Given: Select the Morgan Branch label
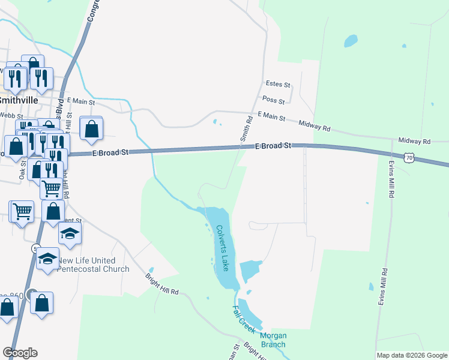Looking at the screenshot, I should (x=273, y=340).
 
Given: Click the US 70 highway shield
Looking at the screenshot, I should (x=409, y=157).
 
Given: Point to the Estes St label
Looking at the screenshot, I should (x=277, y=85).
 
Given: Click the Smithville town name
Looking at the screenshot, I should (x=20, y=100).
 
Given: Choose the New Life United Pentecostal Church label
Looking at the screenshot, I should (x=94, y=265).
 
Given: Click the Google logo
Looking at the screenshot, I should (x=20, y=353).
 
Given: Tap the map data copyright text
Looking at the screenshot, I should (x=412, y=355).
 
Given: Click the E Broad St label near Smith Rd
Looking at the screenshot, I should (x=273, y=146).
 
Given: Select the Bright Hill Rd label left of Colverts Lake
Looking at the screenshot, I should (x=162, y=284).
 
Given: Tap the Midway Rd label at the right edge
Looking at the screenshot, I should (x=414, y=142).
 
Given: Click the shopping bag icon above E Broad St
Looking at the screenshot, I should (x=91, y=128).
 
